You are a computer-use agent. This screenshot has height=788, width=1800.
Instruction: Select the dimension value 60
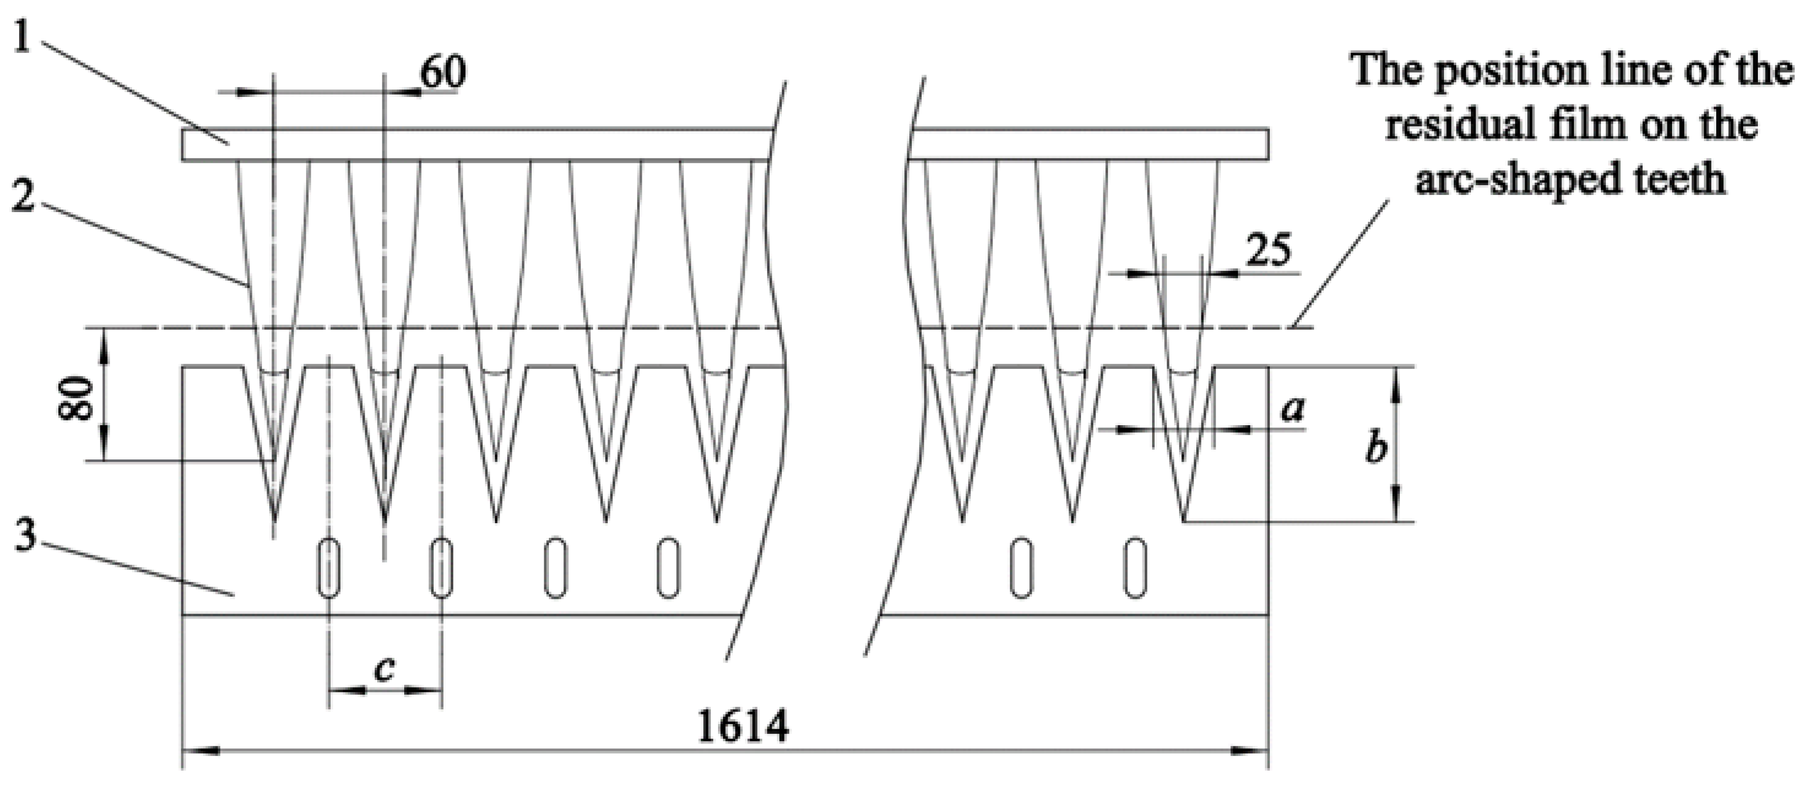click(x=442, y=72)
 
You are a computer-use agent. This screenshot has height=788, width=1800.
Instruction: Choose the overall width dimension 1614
click(x=743, y=727)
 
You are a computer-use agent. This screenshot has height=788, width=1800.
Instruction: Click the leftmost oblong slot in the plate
click(x=329, y=567)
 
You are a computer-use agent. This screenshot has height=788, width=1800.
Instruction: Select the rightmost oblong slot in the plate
click(x=1135, y=567)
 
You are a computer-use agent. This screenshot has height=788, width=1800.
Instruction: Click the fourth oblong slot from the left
click(x=668, y=567)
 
